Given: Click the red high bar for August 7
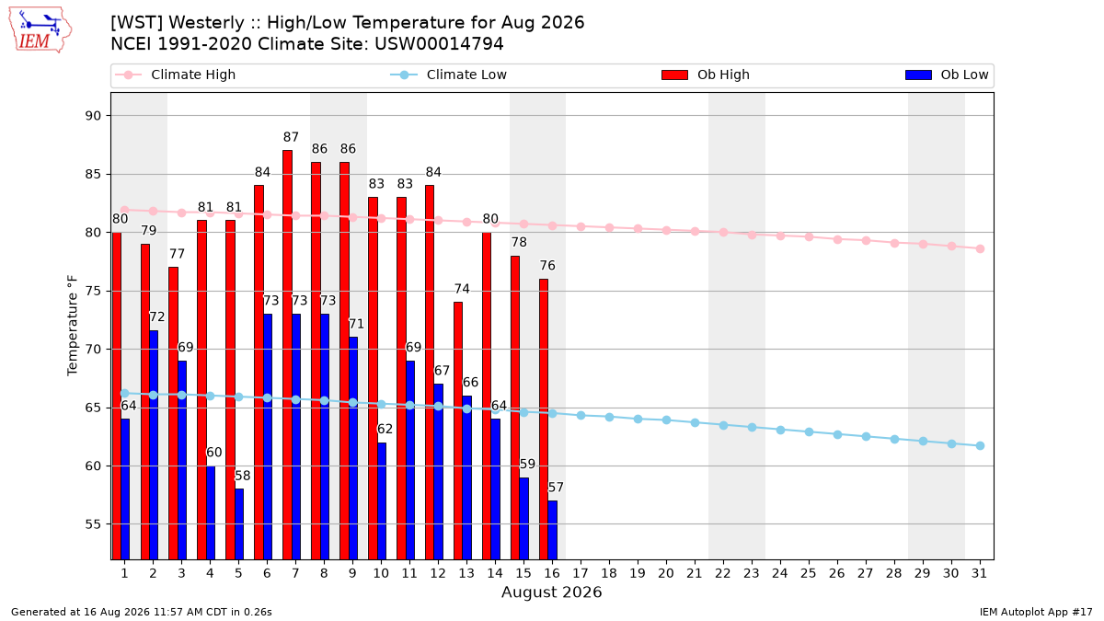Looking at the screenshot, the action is click(287, 355).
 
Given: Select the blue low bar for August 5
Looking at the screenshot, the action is click(239, 523).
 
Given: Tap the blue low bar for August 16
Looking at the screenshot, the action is click(553, 530).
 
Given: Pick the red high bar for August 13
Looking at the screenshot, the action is click(458, 431).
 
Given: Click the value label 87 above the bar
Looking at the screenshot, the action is click(291, 137).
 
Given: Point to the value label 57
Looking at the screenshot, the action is click(556, 488).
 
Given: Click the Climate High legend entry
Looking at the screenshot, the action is click(176, 75).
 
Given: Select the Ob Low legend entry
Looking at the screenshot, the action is click(947, 75).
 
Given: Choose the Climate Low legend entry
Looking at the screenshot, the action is click(449, 75).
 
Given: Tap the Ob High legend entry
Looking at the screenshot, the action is click(706, 75).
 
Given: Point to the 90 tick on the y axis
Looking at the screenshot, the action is click(93, 116).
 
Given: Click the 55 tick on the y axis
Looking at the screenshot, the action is click(93, 524).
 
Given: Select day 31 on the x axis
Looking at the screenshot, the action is click(979, 573).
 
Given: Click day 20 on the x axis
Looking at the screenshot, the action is click(666, 573).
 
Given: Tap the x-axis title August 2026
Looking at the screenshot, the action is click(551, 592).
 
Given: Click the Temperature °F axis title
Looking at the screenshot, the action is click(73, 326).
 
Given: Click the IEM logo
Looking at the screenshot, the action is click(40, 30).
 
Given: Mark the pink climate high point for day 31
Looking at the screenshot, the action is click(981, 249).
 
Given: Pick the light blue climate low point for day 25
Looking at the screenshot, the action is click(809, 431).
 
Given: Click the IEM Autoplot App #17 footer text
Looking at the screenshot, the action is click(1036, 612).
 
